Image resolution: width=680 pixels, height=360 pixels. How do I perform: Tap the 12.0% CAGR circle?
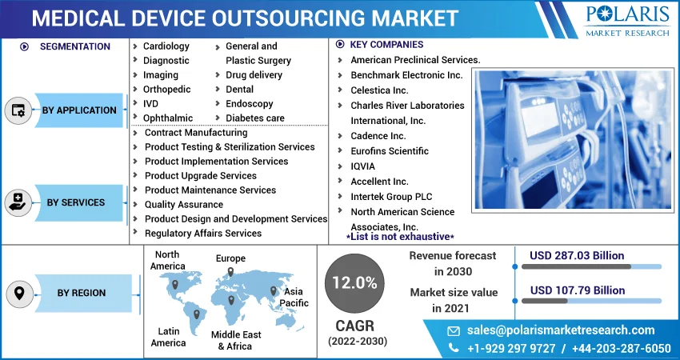(x=354, y=282)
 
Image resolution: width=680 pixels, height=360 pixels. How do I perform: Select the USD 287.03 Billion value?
(x=577, y=255)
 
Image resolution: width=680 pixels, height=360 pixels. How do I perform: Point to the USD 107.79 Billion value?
(x=577, y=290)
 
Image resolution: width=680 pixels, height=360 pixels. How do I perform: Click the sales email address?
(x=560, y=330)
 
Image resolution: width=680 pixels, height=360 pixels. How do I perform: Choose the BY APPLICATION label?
(x=79, y=110)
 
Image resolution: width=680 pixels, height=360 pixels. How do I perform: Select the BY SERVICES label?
(x=76, y=202)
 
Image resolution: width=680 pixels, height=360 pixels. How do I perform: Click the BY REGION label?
(x=81, y=293)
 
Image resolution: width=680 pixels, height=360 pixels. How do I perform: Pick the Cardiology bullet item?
(x=166, y=46)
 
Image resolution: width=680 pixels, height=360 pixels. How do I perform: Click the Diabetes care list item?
(x=254, y=118)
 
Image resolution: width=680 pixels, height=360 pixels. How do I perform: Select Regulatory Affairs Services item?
(x=202, y=233)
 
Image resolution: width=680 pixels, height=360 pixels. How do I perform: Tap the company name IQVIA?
(x=362, y=166)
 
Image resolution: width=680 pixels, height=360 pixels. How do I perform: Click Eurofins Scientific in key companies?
(x=389, y=151)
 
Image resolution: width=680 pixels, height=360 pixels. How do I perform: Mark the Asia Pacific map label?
(x=294, y=298)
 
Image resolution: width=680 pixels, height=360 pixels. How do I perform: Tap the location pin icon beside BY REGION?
(x=18, y=294)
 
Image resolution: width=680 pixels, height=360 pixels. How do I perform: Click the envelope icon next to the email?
(x=454, y=330)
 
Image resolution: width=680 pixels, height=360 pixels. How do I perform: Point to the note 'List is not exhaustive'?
(x=400, y=237)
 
